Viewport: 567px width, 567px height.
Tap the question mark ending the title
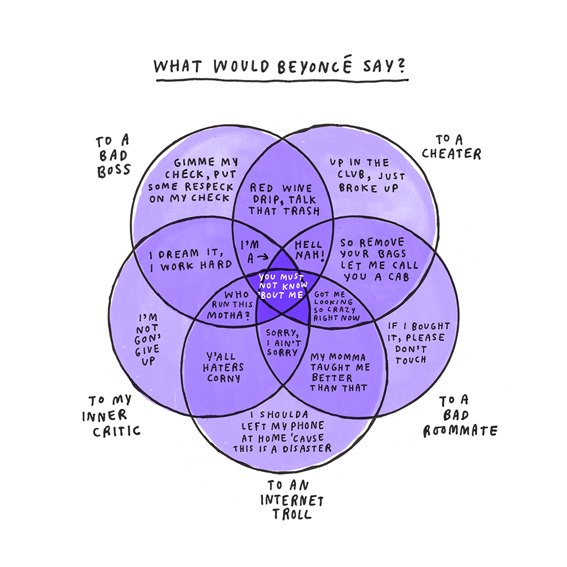(x=401, y=66)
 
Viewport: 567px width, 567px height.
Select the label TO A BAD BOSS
(x=113, y=155)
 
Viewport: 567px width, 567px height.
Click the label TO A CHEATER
(x=458, y=146)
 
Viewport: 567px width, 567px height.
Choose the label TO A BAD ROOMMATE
(x=460, y=416)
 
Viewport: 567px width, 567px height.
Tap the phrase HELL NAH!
(x=309, y=251)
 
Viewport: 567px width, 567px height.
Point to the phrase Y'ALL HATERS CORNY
(x=221, y=369)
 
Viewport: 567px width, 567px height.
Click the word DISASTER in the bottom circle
(x=306, y=448)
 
